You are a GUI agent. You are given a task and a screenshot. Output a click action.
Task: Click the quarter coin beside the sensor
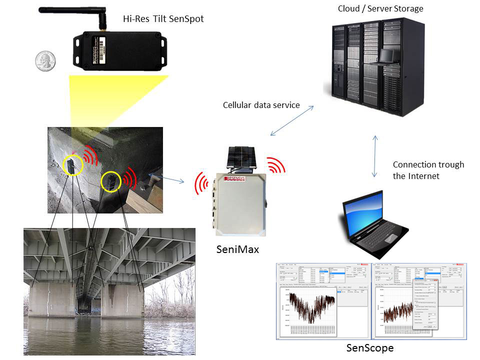45,61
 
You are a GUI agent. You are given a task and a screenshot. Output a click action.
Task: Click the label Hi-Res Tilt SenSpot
163,19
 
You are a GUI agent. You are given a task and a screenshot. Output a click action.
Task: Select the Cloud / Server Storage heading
380,8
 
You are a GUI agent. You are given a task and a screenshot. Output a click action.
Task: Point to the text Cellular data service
261,105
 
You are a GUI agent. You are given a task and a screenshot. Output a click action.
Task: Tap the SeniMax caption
237,248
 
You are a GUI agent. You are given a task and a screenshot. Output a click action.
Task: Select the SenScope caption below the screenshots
370,347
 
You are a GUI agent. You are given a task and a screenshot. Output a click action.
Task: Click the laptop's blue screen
365,215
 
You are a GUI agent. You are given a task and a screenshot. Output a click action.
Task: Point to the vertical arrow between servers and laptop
375,156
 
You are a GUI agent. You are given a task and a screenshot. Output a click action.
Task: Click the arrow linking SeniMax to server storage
292,120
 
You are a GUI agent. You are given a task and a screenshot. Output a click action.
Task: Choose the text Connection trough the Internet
428,170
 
